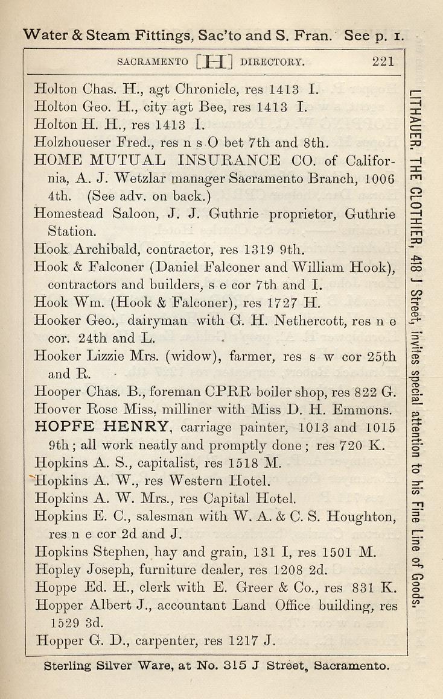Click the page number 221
[383, 61]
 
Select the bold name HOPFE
[65, 428]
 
